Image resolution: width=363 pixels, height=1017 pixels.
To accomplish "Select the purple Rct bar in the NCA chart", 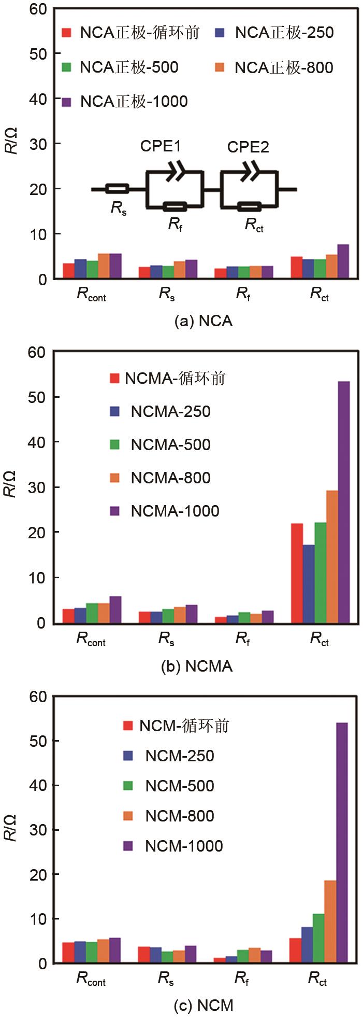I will pos(343,262).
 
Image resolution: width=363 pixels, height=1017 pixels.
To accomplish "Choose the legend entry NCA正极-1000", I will pos(125,102).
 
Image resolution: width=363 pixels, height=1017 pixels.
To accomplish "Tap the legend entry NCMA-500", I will pos(161,445).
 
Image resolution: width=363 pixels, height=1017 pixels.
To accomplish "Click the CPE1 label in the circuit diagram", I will pos(161,147).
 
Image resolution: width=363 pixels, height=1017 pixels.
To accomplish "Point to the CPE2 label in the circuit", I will pos(248,147).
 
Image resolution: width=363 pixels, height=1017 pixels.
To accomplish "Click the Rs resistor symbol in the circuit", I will pos(117,189).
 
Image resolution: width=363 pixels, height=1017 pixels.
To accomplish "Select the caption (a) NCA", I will pos(204,322).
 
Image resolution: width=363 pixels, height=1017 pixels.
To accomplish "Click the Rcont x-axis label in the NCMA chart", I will pos(91,639).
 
